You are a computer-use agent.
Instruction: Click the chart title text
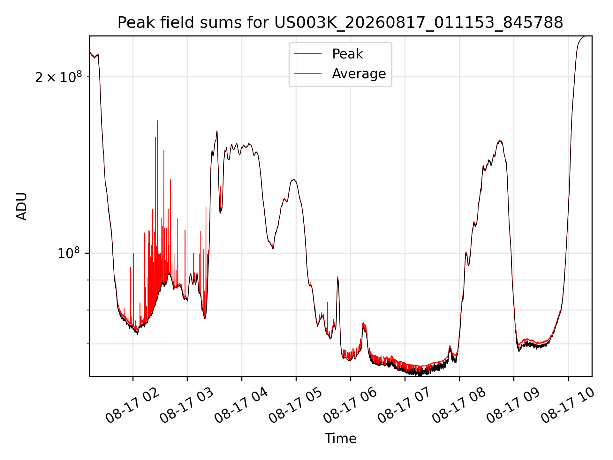(x=340, y=23)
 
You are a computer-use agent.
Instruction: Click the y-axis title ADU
(x=22, y=206)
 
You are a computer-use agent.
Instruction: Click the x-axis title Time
(x=340, y=438)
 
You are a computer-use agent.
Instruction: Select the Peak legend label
(x=347, y=54)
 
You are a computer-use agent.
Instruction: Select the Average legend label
(x=359, y=74)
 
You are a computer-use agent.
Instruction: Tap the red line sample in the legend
(x=308, y=54)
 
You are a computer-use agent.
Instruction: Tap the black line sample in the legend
(x=308, y=74)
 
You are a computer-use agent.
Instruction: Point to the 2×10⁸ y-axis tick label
(x=58, y=77)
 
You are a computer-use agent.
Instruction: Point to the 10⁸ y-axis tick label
(x=69, y=253)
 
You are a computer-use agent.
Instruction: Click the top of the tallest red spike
(x=157, y=121)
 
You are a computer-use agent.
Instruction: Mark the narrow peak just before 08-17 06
(x=338, y=277)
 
